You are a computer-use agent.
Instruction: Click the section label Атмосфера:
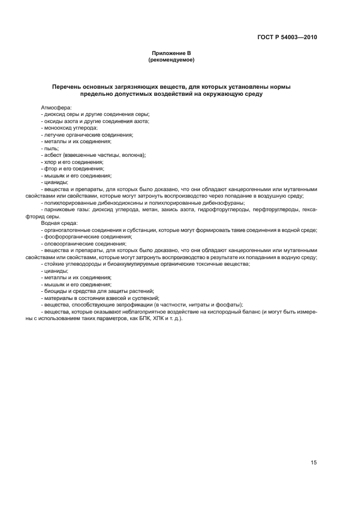[x=56, y=108]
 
